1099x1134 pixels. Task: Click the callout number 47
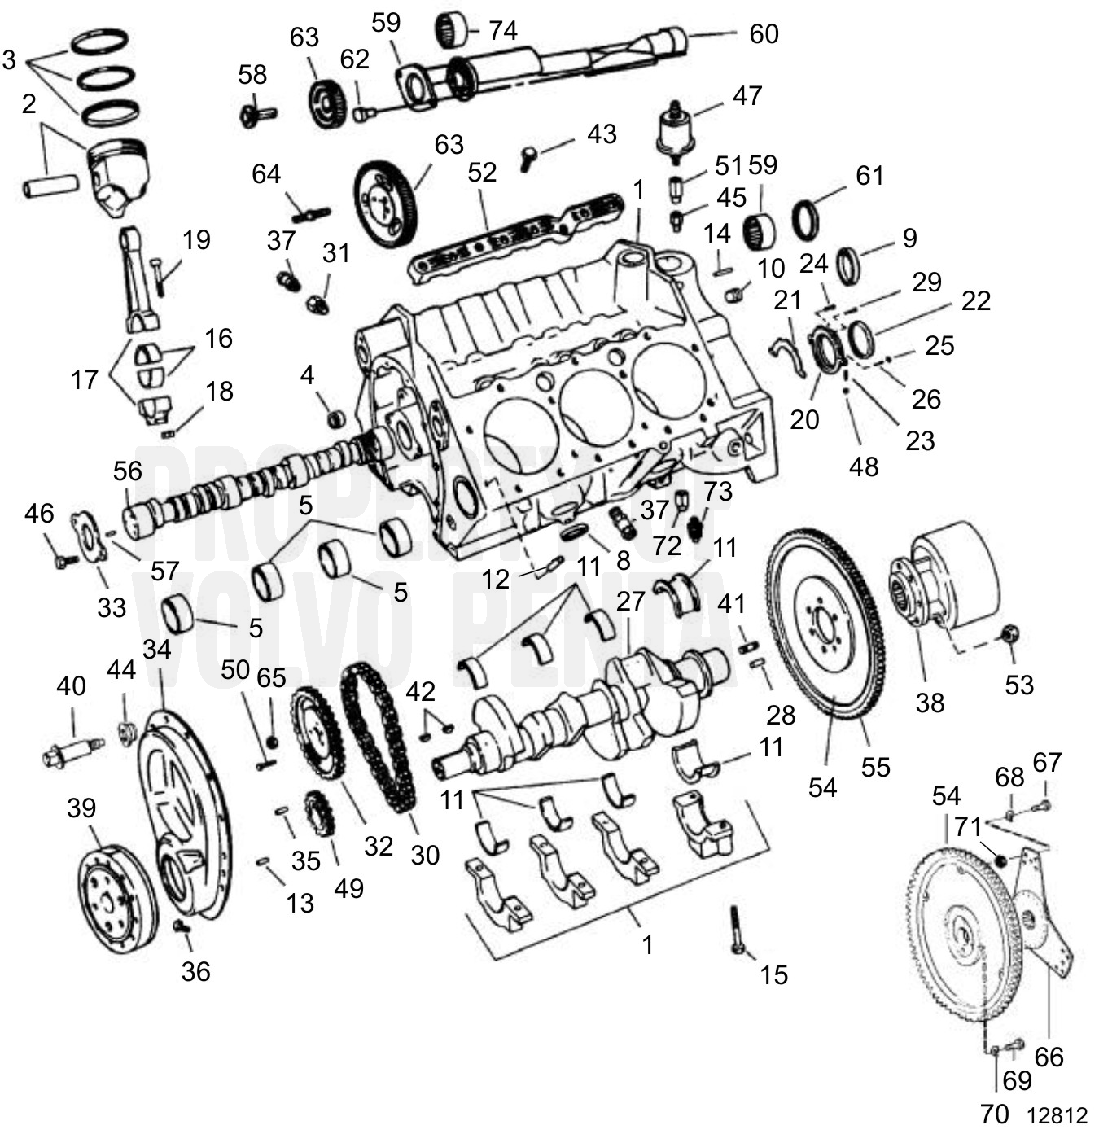(747, 95)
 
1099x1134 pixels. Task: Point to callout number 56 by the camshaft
(128, 471)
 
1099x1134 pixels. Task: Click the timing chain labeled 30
(379, 737)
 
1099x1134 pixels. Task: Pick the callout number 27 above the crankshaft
(631, 601)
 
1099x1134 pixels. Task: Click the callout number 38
(930, 702)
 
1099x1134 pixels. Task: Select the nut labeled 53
(1009, 635)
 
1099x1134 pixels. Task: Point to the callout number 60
(764, 33)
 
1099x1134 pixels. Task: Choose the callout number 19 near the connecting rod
(196, 239)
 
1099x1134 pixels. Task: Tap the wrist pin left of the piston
(49, 187)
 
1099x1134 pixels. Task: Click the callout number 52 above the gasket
(482, 172)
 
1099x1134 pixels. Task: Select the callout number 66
(1049, 1057)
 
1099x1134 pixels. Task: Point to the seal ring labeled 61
(807, 220)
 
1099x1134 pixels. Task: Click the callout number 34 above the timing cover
(157, 649)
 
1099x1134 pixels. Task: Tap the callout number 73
(718, 491)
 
